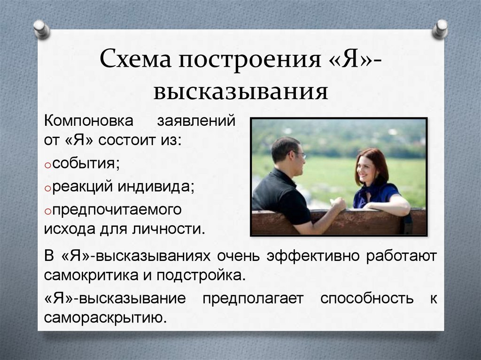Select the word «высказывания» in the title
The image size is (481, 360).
click(240, 91)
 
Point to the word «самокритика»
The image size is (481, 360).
click(92, 275)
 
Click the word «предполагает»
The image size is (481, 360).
click(253, 299)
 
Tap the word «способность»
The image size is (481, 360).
click(367, 299)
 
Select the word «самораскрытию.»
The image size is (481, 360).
click(106, 318)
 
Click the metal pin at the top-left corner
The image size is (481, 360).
click(42, 29)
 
